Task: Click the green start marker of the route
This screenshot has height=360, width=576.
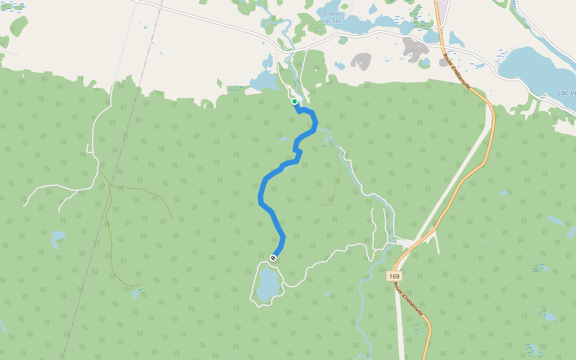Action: click(x=295, y=101)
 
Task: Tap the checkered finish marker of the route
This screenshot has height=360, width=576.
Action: click(x=273, y=258)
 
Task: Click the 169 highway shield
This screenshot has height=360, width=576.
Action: click(x=394, y=276)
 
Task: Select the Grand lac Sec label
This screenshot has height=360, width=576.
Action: click(x=332, y=17)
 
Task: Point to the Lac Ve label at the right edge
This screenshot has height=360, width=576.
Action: click(x=566, y=92)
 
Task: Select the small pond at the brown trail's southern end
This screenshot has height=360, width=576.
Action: click(x=136, y=293)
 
